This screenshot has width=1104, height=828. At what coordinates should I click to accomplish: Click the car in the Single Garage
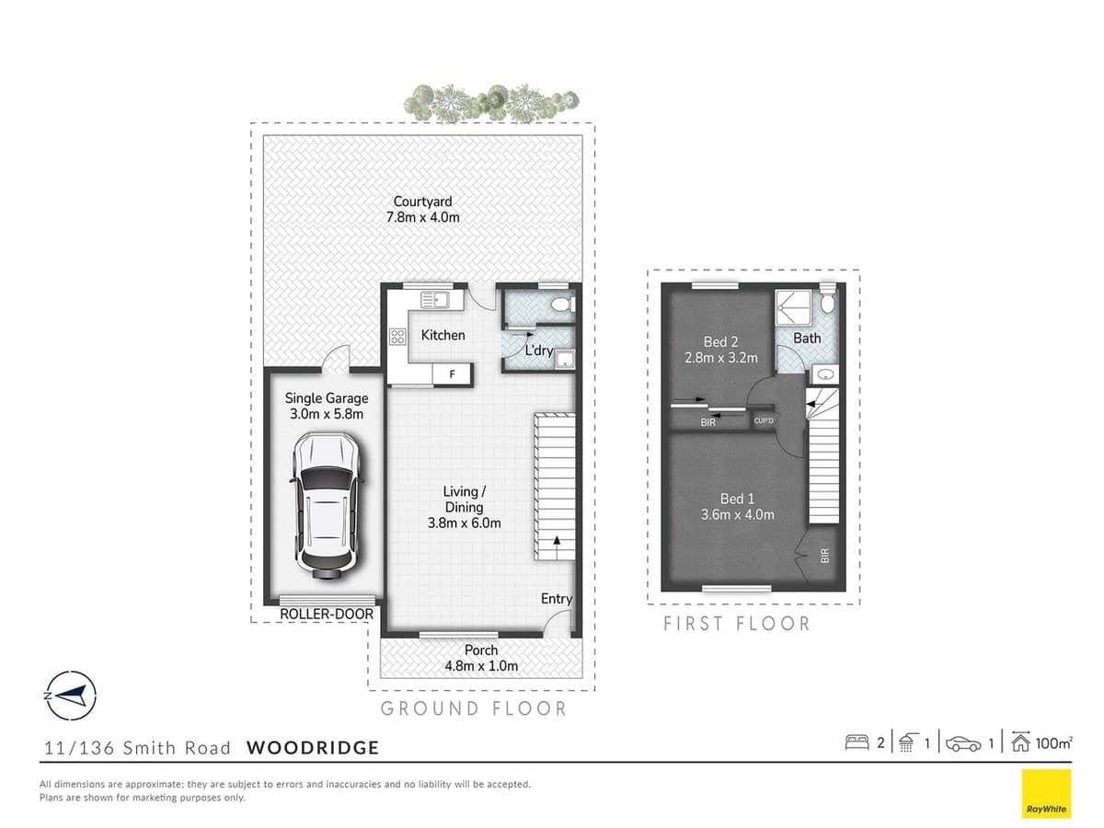[326, 506]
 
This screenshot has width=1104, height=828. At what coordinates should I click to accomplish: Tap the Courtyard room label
[422, 201]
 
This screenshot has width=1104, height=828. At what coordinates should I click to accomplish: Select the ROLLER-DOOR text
[327, 614]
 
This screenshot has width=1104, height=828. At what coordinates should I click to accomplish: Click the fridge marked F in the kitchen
[452, 374]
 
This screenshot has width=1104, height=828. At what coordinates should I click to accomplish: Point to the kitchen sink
[433, 299]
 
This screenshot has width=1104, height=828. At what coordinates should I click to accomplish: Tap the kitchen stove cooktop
[398, 338]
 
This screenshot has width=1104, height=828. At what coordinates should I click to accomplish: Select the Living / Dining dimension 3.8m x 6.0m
[466, 523]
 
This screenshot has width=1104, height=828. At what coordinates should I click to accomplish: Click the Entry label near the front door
[556, 599]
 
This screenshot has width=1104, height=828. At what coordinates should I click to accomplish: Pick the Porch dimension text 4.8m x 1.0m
[480, 666]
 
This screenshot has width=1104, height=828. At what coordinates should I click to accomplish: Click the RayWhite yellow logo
[1046, 793]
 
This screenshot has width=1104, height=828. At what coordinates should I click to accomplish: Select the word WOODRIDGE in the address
[313, 747]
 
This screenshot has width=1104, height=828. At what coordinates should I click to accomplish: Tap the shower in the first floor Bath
[792, 305]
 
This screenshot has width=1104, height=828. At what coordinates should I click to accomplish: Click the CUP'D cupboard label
[763, 421]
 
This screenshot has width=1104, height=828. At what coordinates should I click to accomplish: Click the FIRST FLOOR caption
[737, 624]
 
